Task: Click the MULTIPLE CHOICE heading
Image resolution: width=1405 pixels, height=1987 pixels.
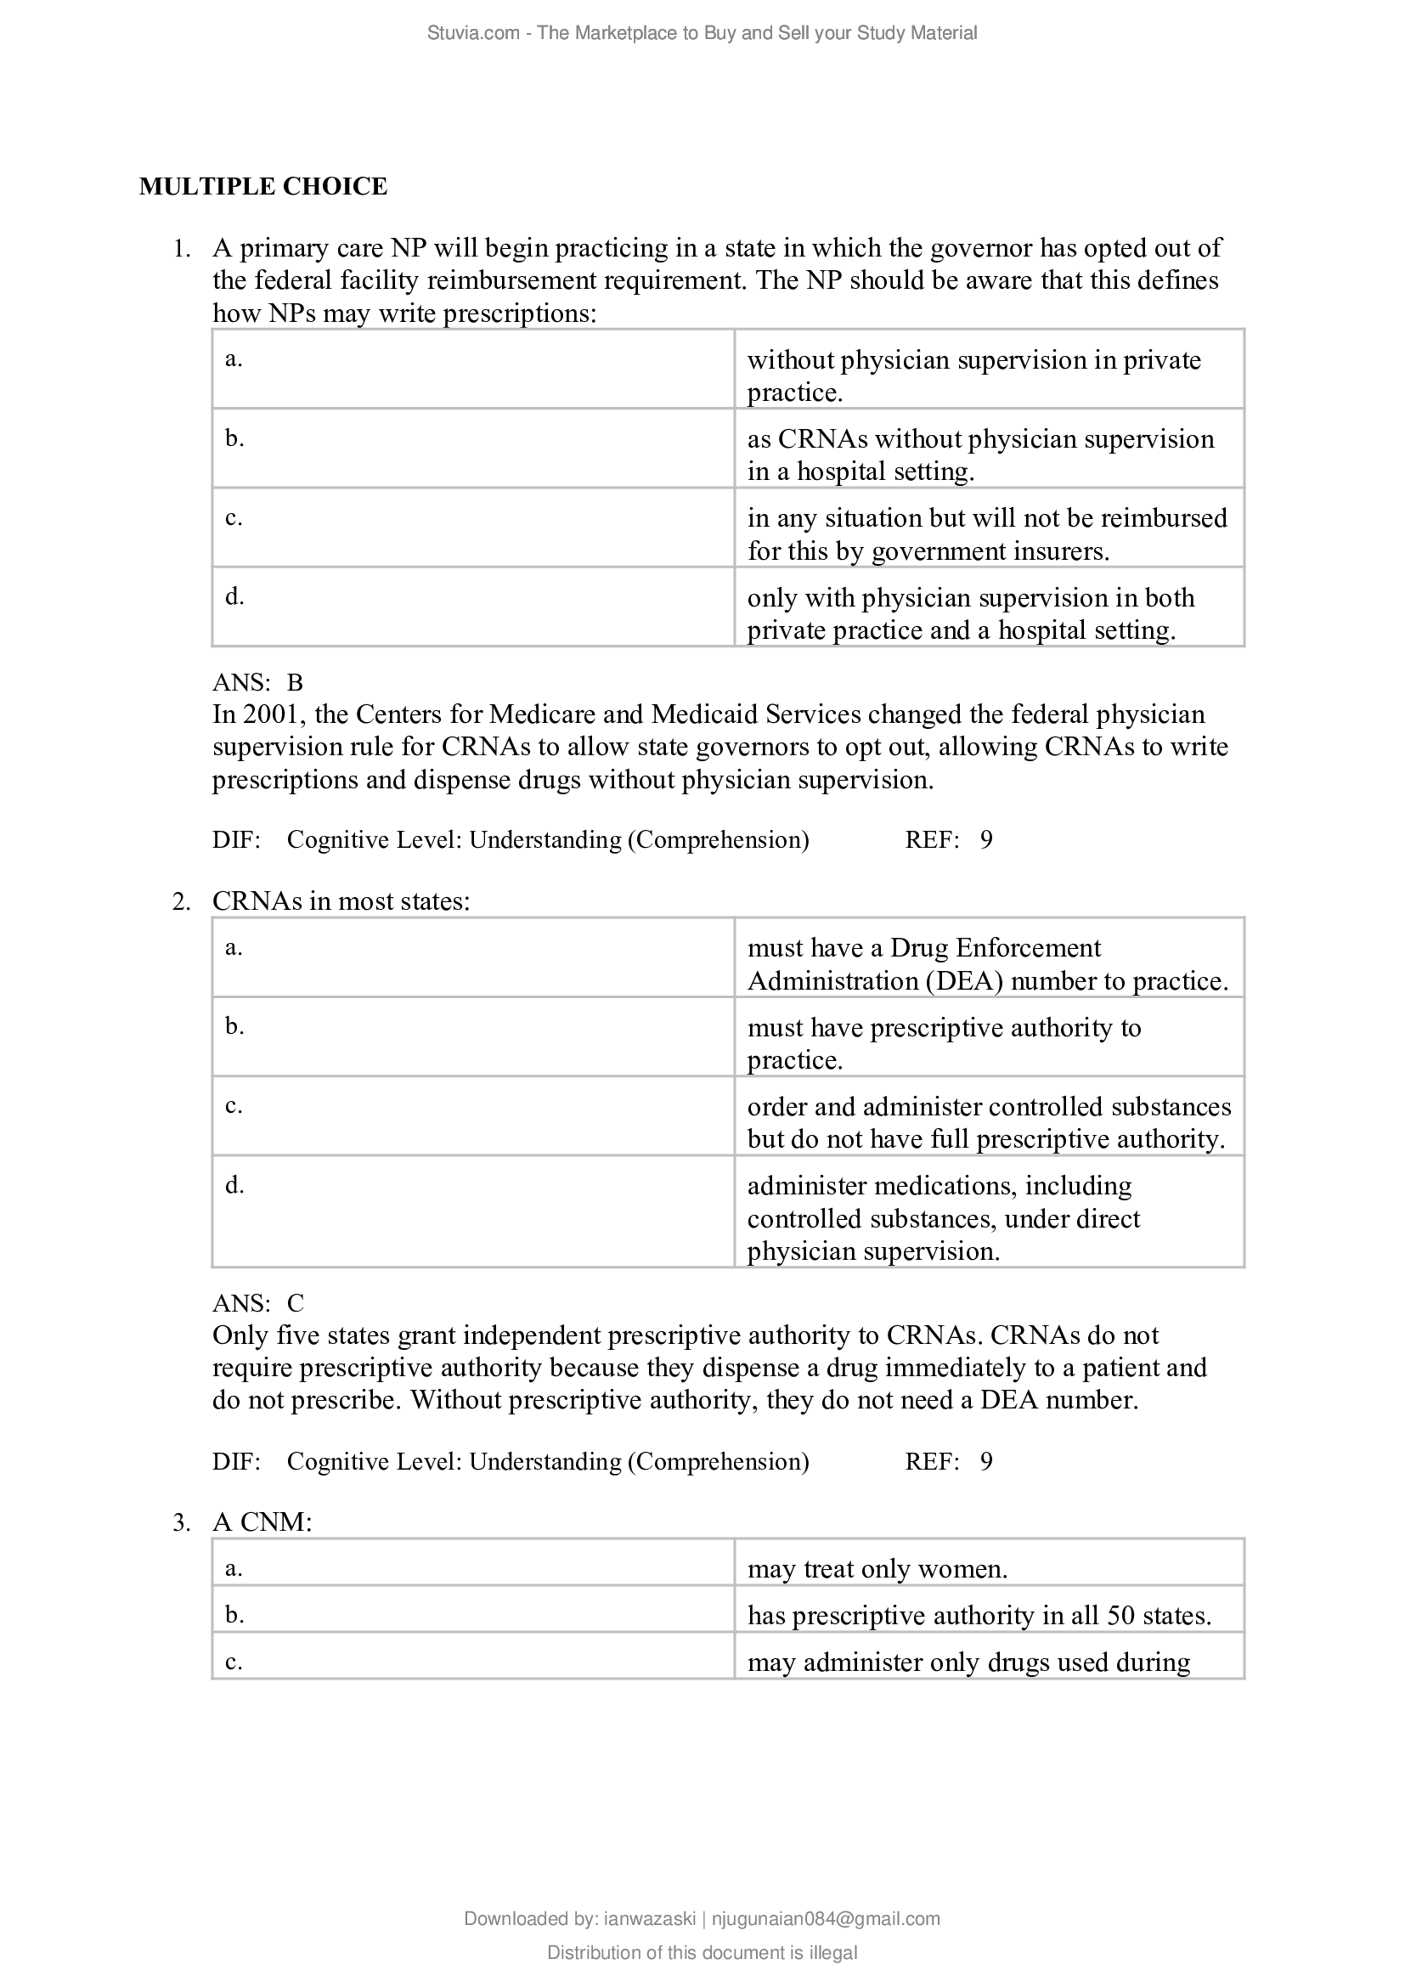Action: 263,187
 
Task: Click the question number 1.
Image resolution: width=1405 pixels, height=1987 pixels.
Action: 180,249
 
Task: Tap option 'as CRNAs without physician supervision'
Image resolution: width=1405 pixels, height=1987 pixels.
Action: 980,454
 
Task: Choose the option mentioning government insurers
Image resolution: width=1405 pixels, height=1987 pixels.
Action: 986,534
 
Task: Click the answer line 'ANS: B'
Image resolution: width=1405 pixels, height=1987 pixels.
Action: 258,683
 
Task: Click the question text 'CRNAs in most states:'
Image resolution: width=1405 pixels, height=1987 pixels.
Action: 341,902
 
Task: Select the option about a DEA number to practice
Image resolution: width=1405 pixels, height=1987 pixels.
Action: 986,964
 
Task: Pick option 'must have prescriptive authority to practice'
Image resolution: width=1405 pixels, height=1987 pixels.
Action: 944,1043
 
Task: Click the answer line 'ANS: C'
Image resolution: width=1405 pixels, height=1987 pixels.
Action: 258,1303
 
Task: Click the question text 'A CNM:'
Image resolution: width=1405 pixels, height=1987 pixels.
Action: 262,1522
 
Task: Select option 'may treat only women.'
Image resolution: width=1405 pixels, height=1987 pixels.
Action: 877,1569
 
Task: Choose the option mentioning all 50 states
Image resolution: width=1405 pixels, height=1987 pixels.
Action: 979,1616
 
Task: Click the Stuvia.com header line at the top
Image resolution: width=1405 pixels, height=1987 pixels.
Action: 702,33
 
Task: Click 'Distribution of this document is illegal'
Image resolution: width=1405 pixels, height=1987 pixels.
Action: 702,1952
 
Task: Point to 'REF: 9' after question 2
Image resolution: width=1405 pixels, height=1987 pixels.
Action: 948,1462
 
